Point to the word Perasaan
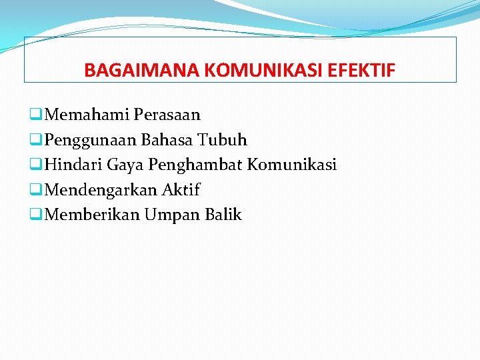pyautogui.click(x=167, y=115)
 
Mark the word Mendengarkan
pyautogui.click(x=101, y=190)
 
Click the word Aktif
pyautogui.click(x=181, y=190)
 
